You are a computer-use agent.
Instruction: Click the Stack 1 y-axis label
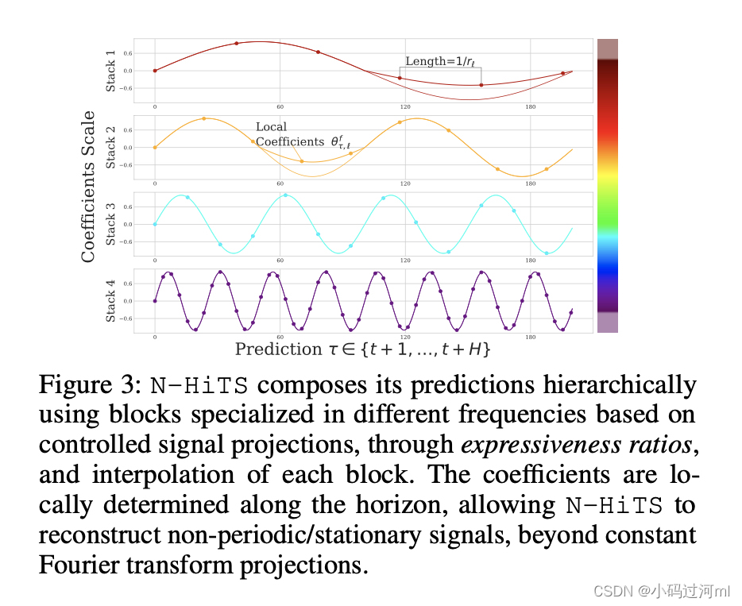coord(111,71)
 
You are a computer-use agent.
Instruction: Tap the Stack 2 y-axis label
coord(111,147)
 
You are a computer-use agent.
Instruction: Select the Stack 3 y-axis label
coord(111,224)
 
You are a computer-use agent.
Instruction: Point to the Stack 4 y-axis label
coord(111,301)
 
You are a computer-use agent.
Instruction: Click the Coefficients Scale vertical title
coord(89,187)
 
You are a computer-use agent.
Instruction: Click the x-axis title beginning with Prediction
coord(363,349)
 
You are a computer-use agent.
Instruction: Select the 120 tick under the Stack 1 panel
coord(405,106)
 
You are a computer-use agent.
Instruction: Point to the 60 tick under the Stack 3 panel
coord(280,260)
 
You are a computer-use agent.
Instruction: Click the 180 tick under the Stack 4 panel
coord(531,337)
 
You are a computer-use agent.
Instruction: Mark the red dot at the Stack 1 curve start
coord(155,71)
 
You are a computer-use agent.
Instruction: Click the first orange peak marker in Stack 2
coord(204,118)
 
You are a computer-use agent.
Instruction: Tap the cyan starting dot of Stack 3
coord(155,224)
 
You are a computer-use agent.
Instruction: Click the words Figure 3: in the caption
coord(90,386)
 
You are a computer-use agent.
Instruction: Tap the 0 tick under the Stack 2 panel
coord(155,183)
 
